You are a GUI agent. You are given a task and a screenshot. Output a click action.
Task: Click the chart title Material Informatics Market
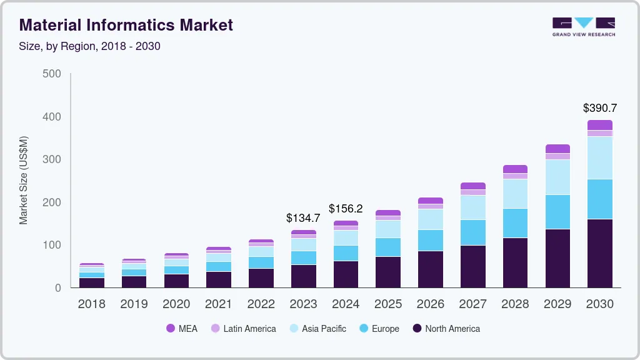pos(126,25)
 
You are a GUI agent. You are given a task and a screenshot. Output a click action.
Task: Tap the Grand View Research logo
pos(584,27)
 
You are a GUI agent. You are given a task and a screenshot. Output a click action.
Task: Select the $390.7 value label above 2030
pos(600,108)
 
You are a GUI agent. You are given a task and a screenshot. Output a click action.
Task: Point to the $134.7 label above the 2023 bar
pos(303,218)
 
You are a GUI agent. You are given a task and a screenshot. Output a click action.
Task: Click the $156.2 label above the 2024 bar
pos(346,209)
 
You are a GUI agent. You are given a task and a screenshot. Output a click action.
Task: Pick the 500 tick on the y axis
pos(52,74)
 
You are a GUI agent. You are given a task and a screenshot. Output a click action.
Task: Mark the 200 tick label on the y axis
pos(52,202)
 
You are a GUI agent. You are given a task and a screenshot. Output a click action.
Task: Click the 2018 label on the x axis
pos(91,304)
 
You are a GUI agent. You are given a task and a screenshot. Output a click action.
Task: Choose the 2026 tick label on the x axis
pos(431,304)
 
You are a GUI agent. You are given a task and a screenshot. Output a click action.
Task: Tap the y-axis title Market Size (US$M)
pos(24,180)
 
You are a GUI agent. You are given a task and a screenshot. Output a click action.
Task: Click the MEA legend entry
pos(182,329)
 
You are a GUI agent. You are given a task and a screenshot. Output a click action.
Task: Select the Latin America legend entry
pos(243,329)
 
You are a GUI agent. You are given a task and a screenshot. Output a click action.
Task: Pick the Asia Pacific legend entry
pos(317,329)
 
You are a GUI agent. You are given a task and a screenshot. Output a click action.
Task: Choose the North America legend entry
pos(446,329)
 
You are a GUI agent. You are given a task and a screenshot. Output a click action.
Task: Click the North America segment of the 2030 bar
pos(600,253)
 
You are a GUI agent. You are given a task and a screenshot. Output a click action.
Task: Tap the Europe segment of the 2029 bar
pos(557,212)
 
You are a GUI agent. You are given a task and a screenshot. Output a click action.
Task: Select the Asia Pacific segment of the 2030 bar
pos(600,158)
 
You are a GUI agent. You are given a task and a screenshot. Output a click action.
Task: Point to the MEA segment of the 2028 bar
pos(515,169)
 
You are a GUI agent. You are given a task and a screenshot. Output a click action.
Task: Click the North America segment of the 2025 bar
pos(388,272)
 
